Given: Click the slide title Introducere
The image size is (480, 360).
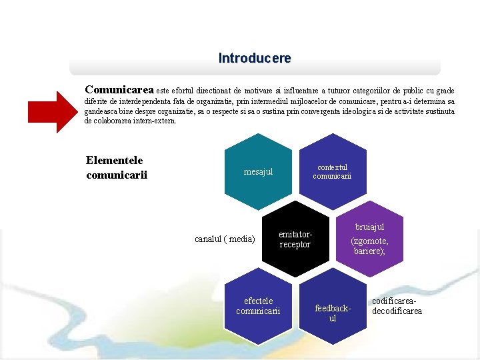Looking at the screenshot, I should pyautogui.click(x=255, y=59).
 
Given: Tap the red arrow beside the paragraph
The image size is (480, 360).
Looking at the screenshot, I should pyautogui.click(x=57, y=111).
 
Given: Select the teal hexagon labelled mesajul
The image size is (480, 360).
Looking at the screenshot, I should pyautogui.click(x=258, y=172).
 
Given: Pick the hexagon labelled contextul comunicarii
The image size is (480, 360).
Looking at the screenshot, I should pyautogui.click(x=332, y=172).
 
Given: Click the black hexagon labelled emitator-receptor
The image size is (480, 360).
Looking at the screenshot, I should pyautogui.click(x=295, y=240).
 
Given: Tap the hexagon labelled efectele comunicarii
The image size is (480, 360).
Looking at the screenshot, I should pyautogui.click(x=258, y=307).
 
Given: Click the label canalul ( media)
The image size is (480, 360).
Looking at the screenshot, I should pyautogui.click(x=225, y=239).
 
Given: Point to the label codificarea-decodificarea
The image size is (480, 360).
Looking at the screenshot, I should pyautogui.click(x=397, y=307).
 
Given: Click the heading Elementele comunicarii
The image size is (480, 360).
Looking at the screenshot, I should pyautogui.click(x=116, y=167).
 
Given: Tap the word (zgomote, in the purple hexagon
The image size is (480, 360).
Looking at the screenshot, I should pyautogui.click(x=369, y=241).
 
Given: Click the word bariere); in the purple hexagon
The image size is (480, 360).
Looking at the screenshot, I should pyautogui.click(x=370, y=251).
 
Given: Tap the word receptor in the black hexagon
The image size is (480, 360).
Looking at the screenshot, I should pyautogui.click(x=295, y=245).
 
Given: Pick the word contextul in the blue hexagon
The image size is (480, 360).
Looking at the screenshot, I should pyautogui.click(x=332, y=167).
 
